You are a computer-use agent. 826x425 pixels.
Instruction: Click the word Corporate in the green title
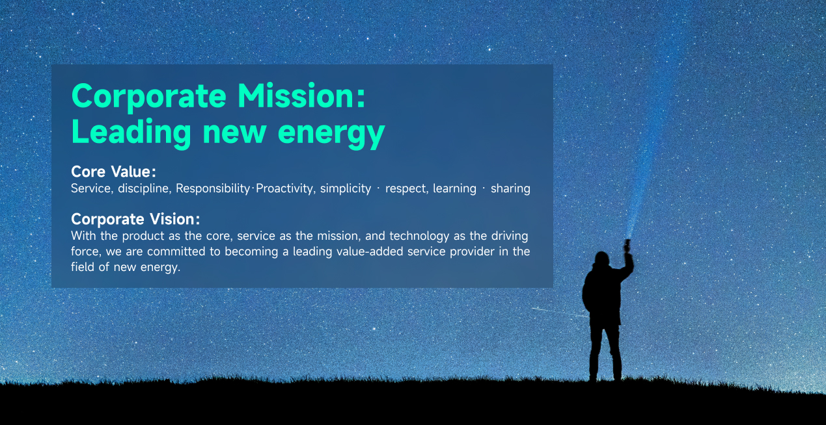(148, 97)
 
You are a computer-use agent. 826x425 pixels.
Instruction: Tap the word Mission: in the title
(301, 97)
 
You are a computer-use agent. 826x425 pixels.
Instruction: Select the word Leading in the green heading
(131, 133)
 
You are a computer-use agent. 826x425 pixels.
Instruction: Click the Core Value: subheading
(113, 172)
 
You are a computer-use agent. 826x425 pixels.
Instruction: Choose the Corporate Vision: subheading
(135, 219)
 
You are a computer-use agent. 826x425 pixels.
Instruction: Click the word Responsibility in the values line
(213, 189)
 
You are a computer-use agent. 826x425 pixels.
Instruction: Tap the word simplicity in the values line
(345, 189)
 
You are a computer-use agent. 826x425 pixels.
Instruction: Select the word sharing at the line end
(510, 189)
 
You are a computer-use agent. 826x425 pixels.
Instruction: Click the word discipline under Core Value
(145, 189)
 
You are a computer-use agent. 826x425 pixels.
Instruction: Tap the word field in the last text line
(82, 267)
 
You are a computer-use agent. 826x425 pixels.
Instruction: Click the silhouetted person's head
(602, 259)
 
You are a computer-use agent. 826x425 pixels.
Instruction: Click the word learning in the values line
(454, 189)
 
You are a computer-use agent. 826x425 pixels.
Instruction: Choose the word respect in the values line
(407, 189)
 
